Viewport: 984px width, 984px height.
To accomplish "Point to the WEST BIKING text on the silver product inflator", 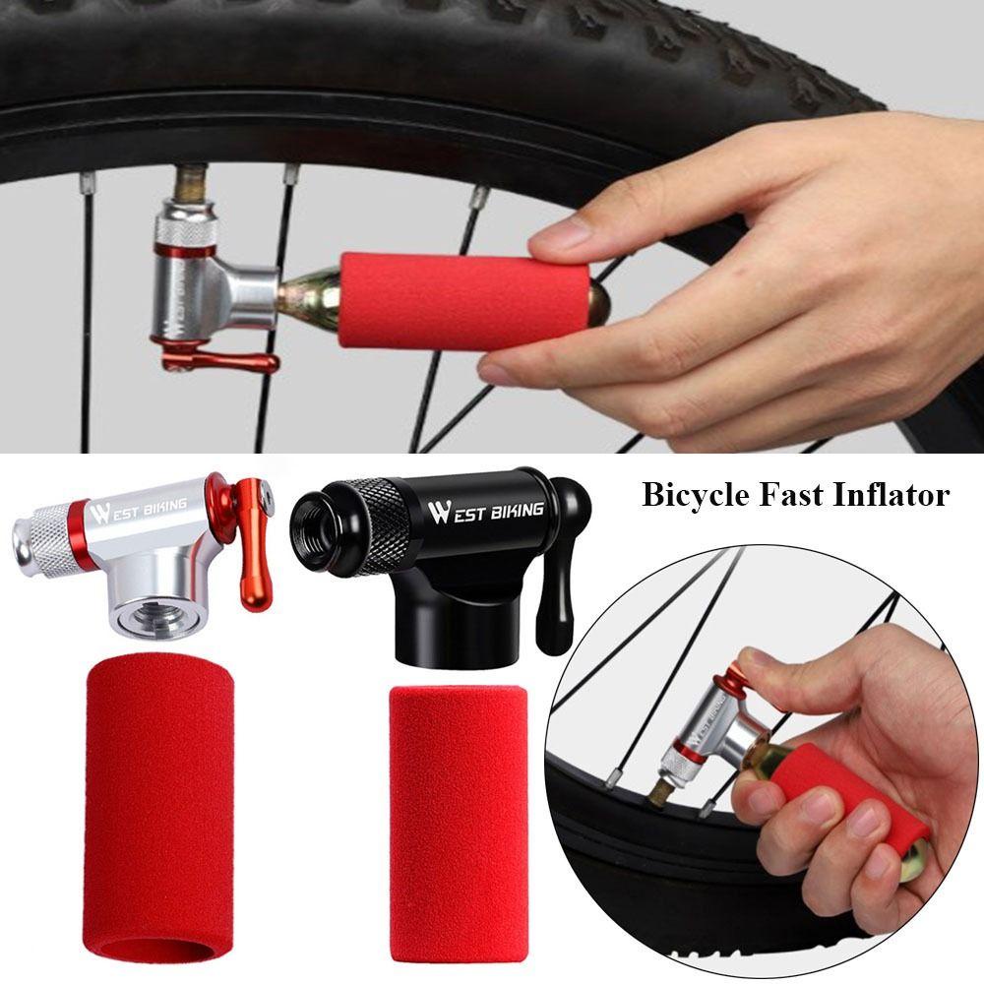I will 137,510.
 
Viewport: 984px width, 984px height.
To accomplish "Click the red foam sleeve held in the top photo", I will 462,300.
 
